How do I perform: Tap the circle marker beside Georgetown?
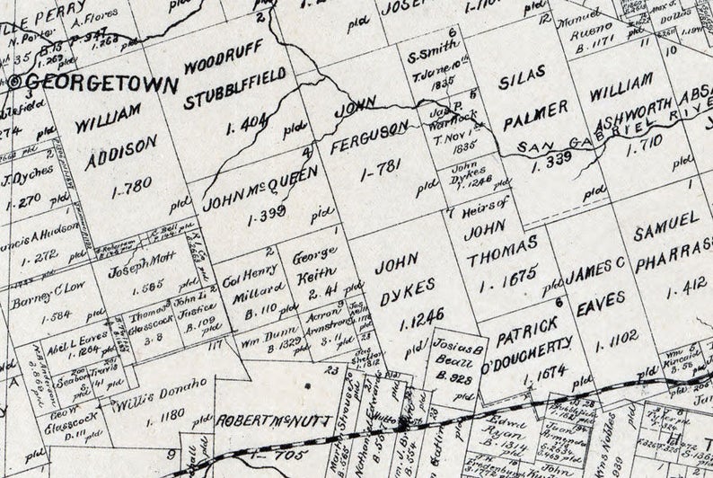tap(16, 80)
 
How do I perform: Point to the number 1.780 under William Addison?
tap(132, 190)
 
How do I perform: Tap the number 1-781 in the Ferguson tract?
tap(376, 172)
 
